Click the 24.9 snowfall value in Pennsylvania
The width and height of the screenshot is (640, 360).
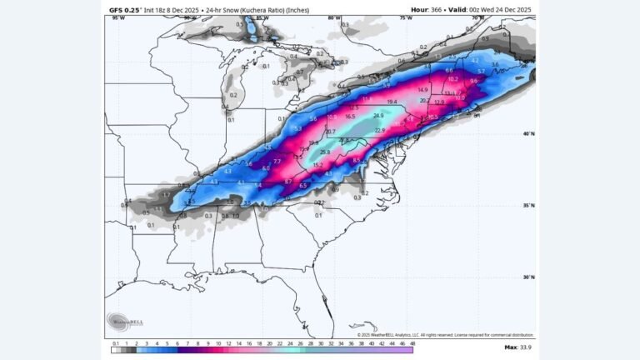click(x=378, y=115)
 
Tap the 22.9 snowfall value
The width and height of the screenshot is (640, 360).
click(x=381, y=130)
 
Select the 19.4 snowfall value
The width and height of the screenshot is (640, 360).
click(x=392, y=102)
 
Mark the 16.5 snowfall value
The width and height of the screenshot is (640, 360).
click(x=350, y=117)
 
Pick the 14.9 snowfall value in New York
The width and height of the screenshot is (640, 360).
click(x=422, y=90)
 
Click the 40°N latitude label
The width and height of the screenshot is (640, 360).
click(x=528, y=133)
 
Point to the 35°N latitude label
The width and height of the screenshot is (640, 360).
click(x=528, y=205)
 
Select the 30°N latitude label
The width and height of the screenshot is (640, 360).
click(x=528, y=277)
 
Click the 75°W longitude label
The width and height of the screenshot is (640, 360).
click(x=406, y=17)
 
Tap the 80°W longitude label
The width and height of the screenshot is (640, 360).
click(x=334, y=17)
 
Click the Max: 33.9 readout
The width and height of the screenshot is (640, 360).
click(x=517, y=347)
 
